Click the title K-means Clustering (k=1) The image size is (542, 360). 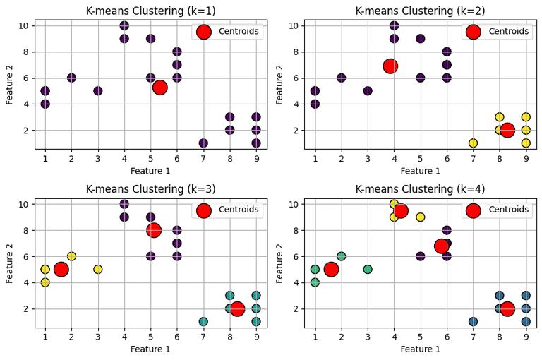tap(150, 11)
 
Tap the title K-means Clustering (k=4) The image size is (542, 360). tap(420, 189)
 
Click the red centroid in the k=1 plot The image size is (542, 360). tap(160, 88)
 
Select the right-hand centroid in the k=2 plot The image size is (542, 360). tap(507, 131)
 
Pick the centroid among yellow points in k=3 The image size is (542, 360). tap(61, 269)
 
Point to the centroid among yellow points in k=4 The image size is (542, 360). tap(401, 210)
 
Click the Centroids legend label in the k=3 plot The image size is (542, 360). tap(239, 210)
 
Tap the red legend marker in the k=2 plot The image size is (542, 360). tap(474, 32)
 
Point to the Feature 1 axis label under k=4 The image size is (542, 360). tap(420, 349)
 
